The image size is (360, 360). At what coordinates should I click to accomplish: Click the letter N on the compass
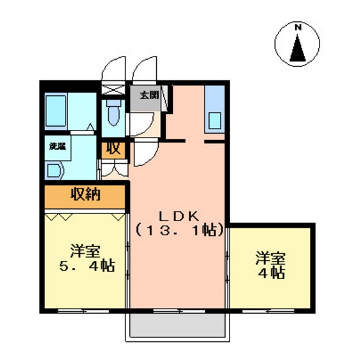(x=298, y=28)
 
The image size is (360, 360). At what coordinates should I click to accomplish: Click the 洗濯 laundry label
(x=57, y=146)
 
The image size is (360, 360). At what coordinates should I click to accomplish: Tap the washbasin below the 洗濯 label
(x=53, y=170)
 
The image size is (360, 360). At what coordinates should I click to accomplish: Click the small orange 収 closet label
(x=113, y=148)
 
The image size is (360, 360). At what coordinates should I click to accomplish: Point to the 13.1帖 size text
(x=179, y=229)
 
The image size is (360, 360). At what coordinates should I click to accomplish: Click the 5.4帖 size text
(x=84, y=264)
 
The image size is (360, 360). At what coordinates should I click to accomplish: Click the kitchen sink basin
(x=214, y=120)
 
